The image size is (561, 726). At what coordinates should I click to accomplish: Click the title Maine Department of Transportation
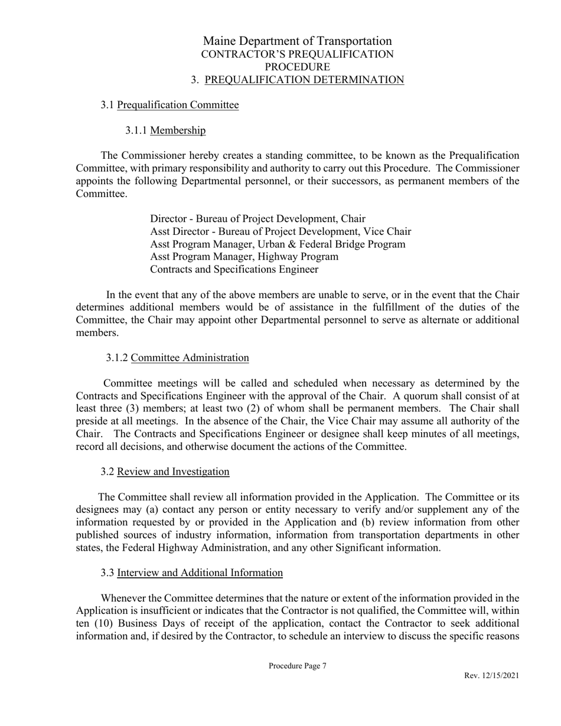tap(297, 41)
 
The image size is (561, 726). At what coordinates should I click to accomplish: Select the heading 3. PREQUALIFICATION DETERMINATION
tap(297, 80)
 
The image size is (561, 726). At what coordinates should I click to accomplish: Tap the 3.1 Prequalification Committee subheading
tap(169, 105)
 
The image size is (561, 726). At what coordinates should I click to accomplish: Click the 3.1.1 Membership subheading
tap(165, 130)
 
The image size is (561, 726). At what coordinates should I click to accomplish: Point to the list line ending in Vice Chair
tap(280, 231)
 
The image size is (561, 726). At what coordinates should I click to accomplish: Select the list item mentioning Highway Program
tap(244, 257)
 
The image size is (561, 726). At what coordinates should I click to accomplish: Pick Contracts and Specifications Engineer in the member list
tap(234, 270)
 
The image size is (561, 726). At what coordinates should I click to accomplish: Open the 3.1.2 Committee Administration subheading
tap(177, 358)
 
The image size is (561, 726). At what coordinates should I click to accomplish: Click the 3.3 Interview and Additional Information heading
tap(191, 573)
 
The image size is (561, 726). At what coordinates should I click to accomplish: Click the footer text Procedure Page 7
tap(297, 666)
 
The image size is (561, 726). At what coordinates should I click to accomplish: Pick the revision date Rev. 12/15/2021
tap(491, 676)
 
